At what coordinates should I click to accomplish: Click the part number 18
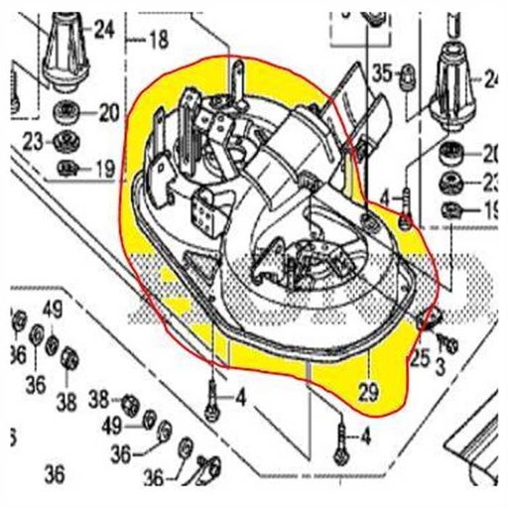point(159,41)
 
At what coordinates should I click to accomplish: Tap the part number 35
point(382,71)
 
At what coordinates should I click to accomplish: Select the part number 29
point(368,394)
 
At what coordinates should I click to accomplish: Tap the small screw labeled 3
point(448,343)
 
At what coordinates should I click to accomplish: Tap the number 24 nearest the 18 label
point(104,29)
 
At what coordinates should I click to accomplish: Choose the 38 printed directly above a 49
point(98,400)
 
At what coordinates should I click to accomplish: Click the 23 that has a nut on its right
point(32,141)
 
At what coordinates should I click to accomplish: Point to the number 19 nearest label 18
point(104,170)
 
